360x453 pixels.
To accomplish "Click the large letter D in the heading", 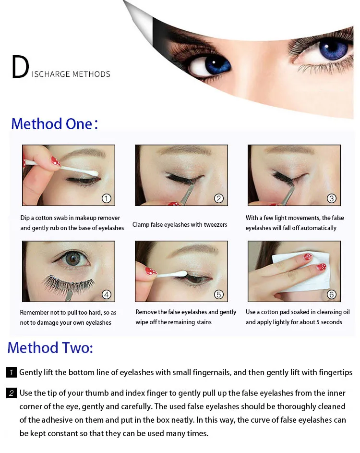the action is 20,67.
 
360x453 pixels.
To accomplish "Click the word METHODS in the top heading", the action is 91,74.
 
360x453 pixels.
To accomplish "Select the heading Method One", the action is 55,124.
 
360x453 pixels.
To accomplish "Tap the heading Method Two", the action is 50,347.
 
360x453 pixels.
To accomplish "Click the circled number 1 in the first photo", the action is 107,198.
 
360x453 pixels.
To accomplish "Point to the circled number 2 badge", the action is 219,198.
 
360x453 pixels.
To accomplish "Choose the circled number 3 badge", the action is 331,198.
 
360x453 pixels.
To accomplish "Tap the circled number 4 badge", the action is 107,294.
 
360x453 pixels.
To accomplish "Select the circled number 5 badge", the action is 219,294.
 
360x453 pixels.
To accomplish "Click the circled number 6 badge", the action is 331,294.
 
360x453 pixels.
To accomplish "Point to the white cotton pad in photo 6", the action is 303,271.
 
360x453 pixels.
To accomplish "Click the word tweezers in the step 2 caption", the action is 216,224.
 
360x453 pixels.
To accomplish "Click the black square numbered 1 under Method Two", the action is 11,372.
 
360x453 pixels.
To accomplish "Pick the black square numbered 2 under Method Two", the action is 11,393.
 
